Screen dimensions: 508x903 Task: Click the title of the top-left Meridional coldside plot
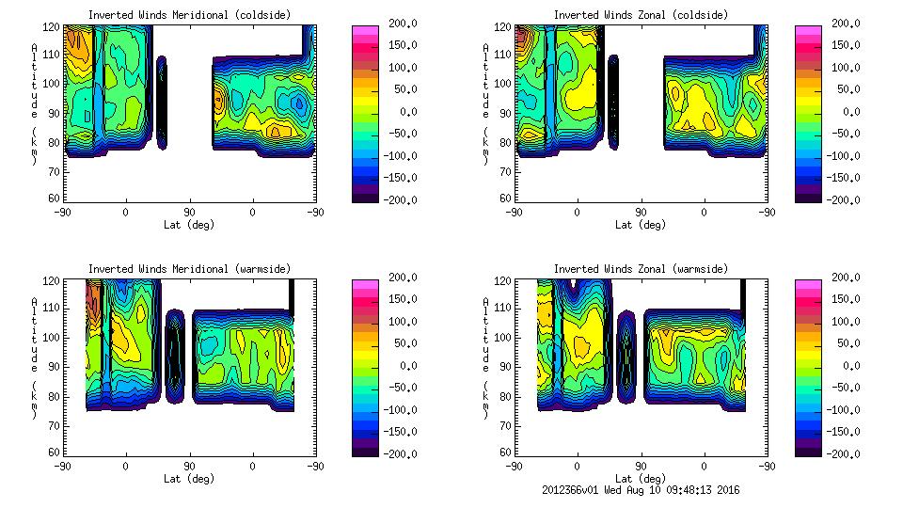click(189, 15)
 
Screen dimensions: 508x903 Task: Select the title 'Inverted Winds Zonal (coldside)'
click(641, 15)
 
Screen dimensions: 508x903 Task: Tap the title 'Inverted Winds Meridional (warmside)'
click(189, 269)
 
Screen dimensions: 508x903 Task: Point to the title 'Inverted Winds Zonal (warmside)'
click(641, 269)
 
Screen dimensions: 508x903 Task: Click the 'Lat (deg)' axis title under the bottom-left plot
click(189, 478)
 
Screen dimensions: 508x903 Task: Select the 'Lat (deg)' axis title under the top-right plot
click(641, 224)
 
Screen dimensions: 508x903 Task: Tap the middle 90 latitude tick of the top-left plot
click(189, 213)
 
